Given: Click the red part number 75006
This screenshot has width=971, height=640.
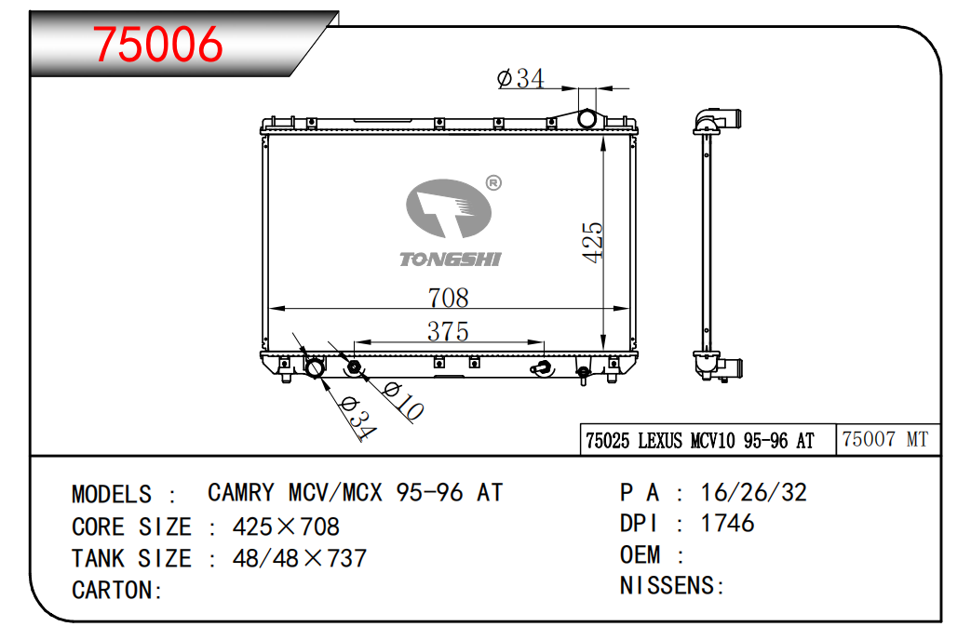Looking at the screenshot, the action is (x=158, y=44).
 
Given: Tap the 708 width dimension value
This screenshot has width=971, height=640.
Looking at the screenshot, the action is (x=449, y=298).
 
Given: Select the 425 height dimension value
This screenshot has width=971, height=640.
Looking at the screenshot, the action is (x=593, y=242).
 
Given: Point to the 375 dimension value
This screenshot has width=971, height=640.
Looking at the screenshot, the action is (x=448, y=331).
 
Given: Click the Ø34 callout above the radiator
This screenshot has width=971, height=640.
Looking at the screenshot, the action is (x=520, y=79).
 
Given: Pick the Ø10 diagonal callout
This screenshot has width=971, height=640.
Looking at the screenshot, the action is (x=402, y=400).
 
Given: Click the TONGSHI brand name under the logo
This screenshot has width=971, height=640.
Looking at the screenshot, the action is (x=451, y=260).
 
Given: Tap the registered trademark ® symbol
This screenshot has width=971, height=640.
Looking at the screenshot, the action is (x=493, y=182).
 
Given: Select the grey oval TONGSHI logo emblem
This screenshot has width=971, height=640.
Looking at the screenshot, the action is (x=449, y=208).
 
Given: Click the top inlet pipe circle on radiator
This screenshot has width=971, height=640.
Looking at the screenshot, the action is (x=587, y=118).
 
